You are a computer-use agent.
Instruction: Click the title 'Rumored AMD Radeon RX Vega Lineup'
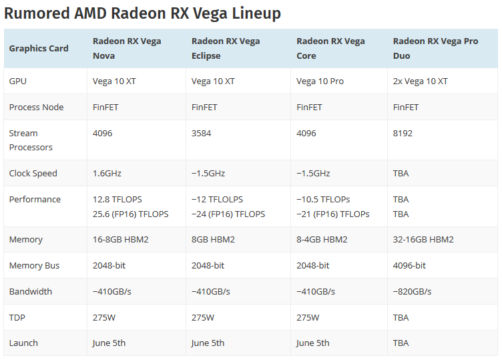pos(142,13)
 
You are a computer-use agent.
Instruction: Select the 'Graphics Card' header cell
pos(39,48)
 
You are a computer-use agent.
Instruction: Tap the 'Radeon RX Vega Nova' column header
pos(127,48)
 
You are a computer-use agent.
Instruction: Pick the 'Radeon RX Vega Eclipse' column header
pos(226,48)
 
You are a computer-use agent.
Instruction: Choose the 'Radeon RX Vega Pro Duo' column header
pos(435,48)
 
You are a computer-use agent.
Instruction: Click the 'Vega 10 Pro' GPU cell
pos(320,81)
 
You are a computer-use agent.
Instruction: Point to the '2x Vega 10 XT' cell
pos(421,81)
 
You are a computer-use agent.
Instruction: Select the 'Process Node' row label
pos(36,107)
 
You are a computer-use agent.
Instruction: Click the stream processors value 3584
pos(201,133)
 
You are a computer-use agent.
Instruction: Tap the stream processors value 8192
pos(403,133)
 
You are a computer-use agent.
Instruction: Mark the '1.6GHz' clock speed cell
pos(107,173)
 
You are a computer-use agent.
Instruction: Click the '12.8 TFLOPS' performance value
pos(117,199)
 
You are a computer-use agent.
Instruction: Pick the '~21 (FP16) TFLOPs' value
pos(332,214)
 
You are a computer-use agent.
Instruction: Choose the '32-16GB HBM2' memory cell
pos(423,239)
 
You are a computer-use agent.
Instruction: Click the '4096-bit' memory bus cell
pos(409,265)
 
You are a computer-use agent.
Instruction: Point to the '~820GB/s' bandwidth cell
pos(412,291)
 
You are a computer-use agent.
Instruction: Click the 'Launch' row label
pos(23,343)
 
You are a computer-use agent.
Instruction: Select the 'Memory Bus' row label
pos(34,265)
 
